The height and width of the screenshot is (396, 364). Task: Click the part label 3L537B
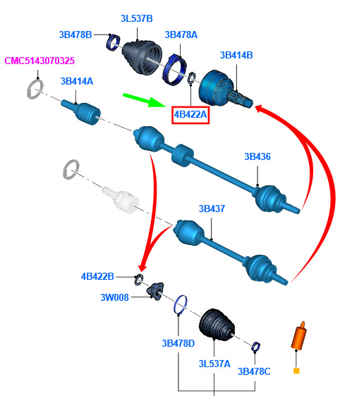click(137, 19)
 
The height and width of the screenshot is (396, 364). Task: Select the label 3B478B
click(75, 35)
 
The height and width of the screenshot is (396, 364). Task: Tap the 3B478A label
click(181, 35)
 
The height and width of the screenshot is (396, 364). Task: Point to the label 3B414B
click(236, 55)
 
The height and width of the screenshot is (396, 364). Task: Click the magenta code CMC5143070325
click(40, 61)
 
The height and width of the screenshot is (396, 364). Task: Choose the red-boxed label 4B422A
click(190, 115)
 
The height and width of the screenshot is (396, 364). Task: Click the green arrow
click(144, 100)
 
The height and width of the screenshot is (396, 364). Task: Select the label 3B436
click(257, 157)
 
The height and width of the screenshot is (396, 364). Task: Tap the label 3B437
click(212, 209)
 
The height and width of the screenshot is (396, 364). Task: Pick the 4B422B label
click(97, 276)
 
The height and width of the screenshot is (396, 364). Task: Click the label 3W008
click(114, 297)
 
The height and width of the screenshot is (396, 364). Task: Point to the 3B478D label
click(178, 343)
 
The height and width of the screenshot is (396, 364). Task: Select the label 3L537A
click(214, 364)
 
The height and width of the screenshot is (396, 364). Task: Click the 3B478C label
click(254, 371)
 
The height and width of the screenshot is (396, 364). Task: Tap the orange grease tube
click(299, 336)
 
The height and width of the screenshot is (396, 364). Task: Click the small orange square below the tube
click(296, 371)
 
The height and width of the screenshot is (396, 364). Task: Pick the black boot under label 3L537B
click(142, 57)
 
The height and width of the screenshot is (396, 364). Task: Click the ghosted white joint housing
click(121, 200)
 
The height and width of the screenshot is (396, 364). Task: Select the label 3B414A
click(77, 82)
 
